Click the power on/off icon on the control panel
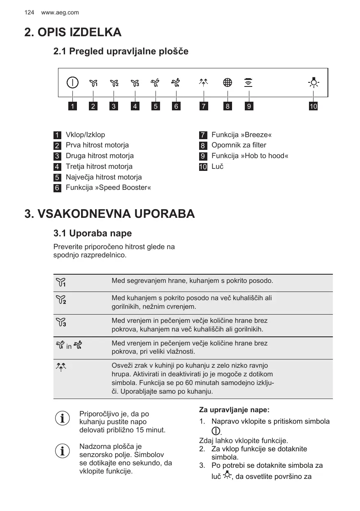pyautogui.click(x=72, y=83)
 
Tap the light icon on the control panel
pyautogui.click(x=314, y=83)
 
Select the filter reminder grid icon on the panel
pyautogui.click(x=227, y=83)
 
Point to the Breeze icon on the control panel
pyautogui.click(x=203, y=82)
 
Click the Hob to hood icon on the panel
pyautogui.click(x=248, y=82)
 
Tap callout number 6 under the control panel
pyautogui.click(x=176, y=107)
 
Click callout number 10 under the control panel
pyautogui.click(x=314, y=107)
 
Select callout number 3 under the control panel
pyautogui.click(x=114, y=107)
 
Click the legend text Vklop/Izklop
pyautogui.click(x=85, y=135)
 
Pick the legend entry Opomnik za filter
pyautogui.click(x=239, y=145)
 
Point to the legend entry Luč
pyautogui.click(x=217, y=167)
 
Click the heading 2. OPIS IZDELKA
pyautogui.click(x=73, y=32)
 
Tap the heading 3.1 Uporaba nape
pyautogui.click(x=93, y=233)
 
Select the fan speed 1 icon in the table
pyautogui.click(x=61, y=283)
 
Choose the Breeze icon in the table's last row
pyautogui.click(x=61, y=366)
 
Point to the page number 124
pyautogui.click(x=29, y=13)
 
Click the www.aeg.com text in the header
pyautogui.click(x=60, y=13)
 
